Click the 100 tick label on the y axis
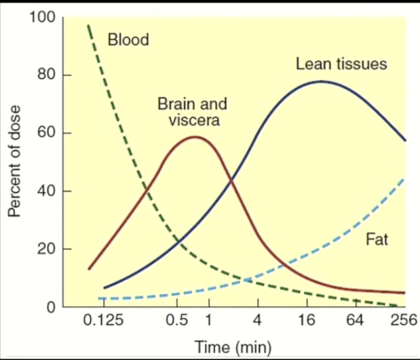(x=43, y=17)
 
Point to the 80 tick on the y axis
(x=46, y=75)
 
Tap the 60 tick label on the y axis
(x=46, y=133)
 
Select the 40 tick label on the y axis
(x=46, y=191)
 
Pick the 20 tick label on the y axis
(x=46, y=249)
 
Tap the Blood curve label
(x=128, y=39)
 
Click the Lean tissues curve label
(x=341, y=64)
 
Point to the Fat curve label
(x=376, y=240)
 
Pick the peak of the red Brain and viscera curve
(x=195, y=137)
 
